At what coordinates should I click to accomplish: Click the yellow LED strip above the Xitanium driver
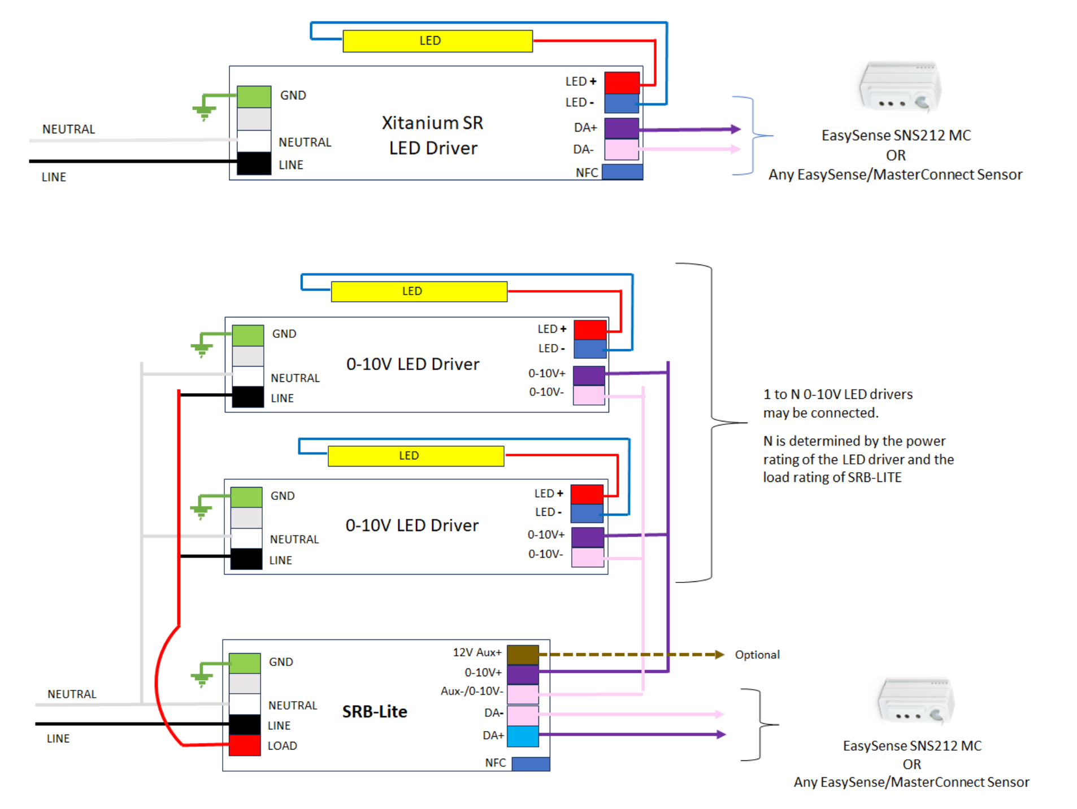coord(437,41)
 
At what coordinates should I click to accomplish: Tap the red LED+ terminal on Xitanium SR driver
coord(622,82)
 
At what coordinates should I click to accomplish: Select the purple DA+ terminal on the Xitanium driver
coord(622,128)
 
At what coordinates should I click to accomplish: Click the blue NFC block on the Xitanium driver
coord(622,172)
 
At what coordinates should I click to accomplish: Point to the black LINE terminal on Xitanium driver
coord(254,164)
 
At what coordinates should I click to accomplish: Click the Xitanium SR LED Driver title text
coord(432,136)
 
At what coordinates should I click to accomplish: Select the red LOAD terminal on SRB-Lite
coord(245,745)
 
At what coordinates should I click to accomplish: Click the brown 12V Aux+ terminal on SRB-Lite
coord(523,655)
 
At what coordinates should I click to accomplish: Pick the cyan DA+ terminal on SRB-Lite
coord(523,736)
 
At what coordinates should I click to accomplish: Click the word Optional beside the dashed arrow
coord(757,655)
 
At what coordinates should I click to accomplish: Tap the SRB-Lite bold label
coord(375,711)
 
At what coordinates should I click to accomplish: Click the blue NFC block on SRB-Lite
coord(531,764)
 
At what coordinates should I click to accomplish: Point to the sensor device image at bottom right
coord(915,702)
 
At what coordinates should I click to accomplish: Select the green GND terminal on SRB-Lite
coord(245,663)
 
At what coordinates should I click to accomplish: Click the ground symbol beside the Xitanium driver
coord(204,112)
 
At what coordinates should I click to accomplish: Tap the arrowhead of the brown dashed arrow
coord(719,655)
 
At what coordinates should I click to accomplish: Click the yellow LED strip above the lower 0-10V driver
coord(416,456)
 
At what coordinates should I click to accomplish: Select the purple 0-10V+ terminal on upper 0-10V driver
coord(589,375)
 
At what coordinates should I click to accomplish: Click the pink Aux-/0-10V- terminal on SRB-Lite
coord(523,694)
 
